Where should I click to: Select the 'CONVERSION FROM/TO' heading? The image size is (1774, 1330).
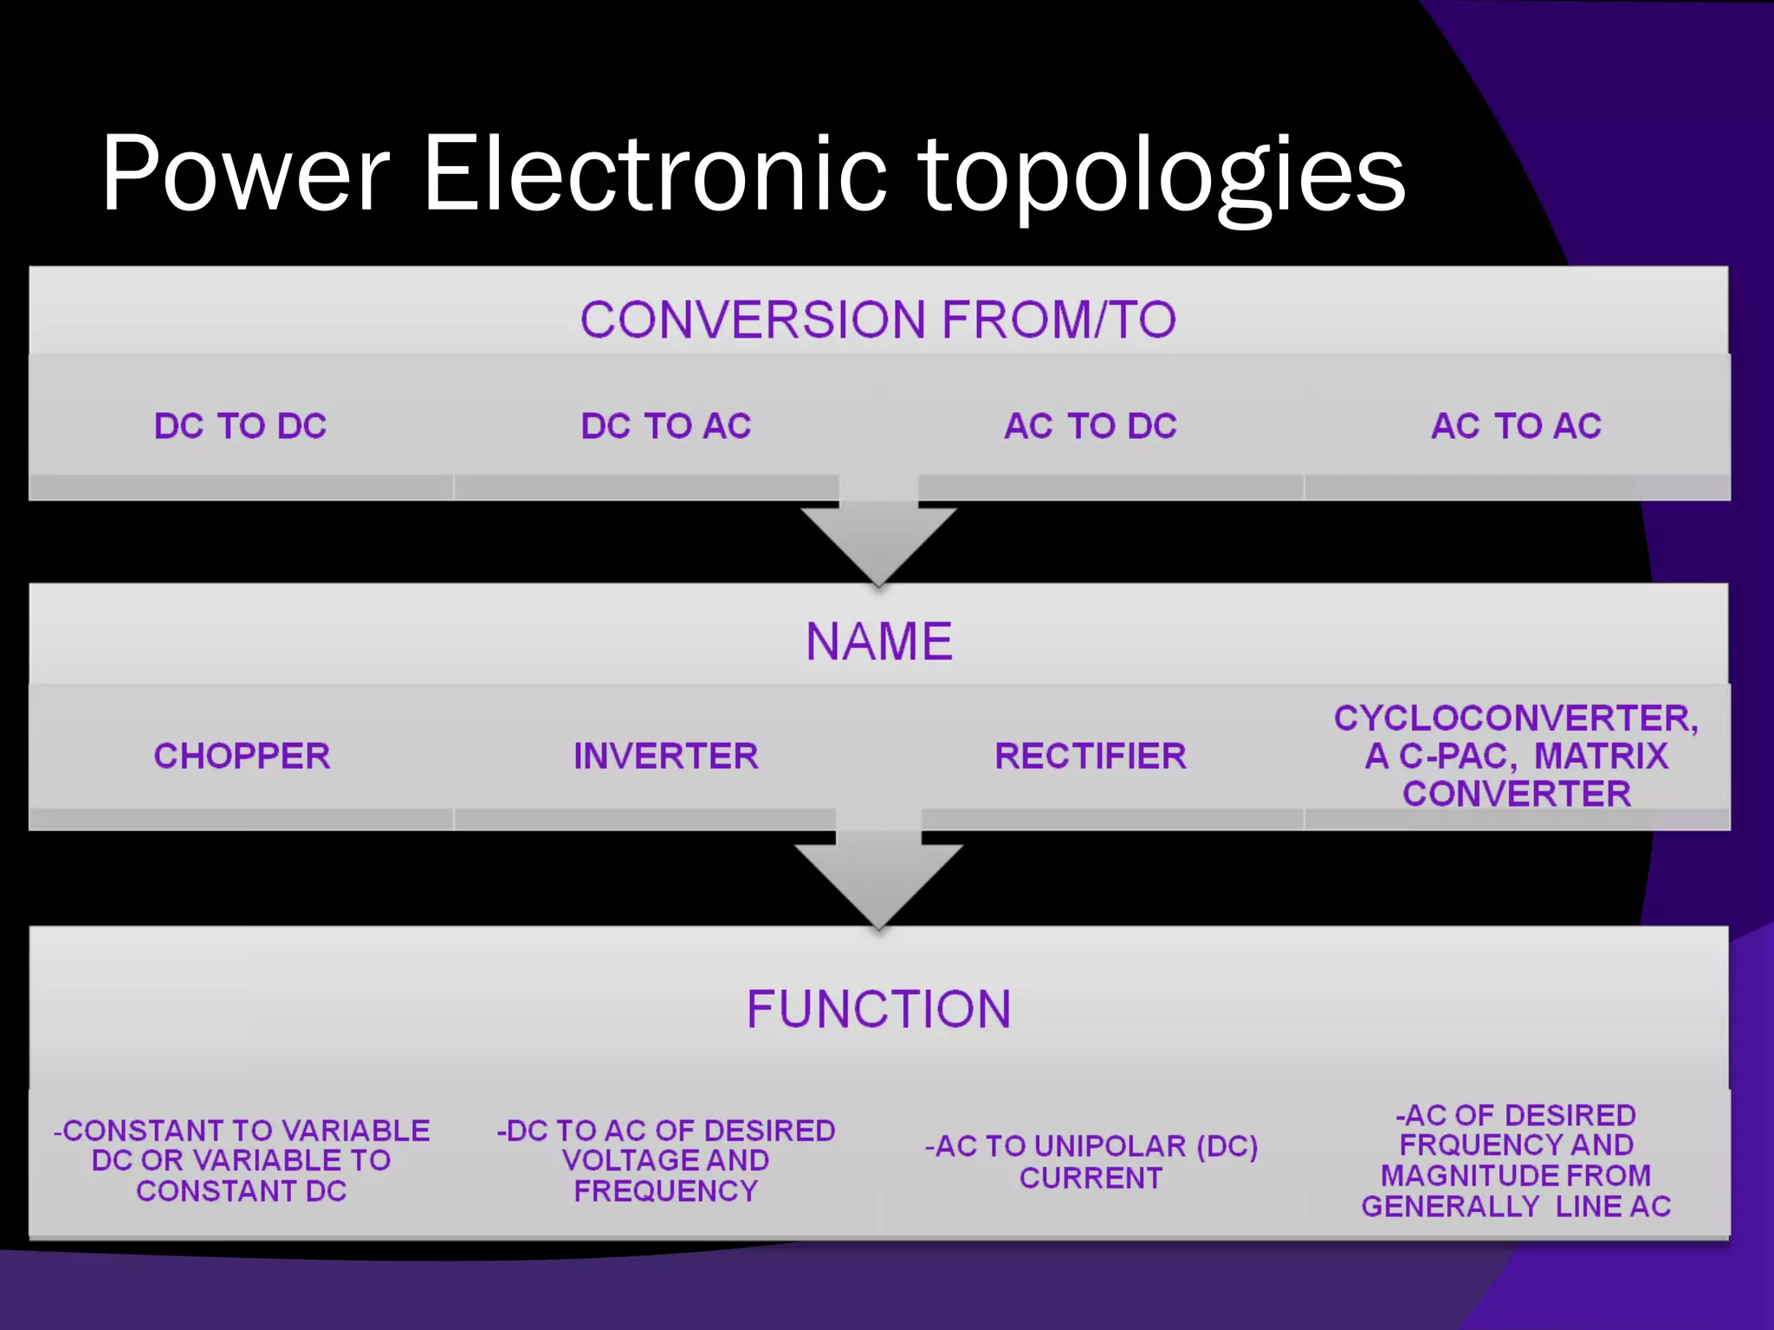pos(878,320)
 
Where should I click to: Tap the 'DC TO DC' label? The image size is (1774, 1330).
pos(241,426)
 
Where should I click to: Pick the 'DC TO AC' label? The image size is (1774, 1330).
pos(666,426)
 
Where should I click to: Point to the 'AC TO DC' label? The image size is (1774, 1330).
pos(1091,426)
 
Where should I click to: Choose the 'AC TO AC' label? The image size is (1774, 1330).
pos(1516,426)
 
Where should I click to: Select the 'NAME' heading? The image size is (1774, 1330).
pos(878,642)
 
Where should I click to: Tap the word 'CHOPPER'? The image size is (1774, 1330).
pos(242,756)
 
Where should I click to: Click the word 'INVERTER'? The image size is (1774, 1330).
pos(666,756)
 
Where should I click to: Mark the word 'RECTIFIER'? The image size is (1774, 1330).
pos(1091,756)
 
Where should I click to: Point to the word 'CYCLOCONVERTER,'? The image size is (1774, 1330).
pos(1516,719)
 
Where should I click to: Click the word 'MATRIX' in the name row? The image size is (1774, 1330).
pos(1601,756)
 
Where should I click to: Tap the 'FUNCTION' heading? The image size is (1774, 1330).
pos(878,1009)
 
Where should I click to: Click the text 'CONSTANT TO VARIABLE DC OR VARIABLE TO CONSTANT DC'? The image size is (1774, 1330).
pos(242,1160)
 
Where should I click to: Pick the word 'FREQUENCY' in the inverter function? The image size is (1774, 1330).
pos(666,1191)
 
